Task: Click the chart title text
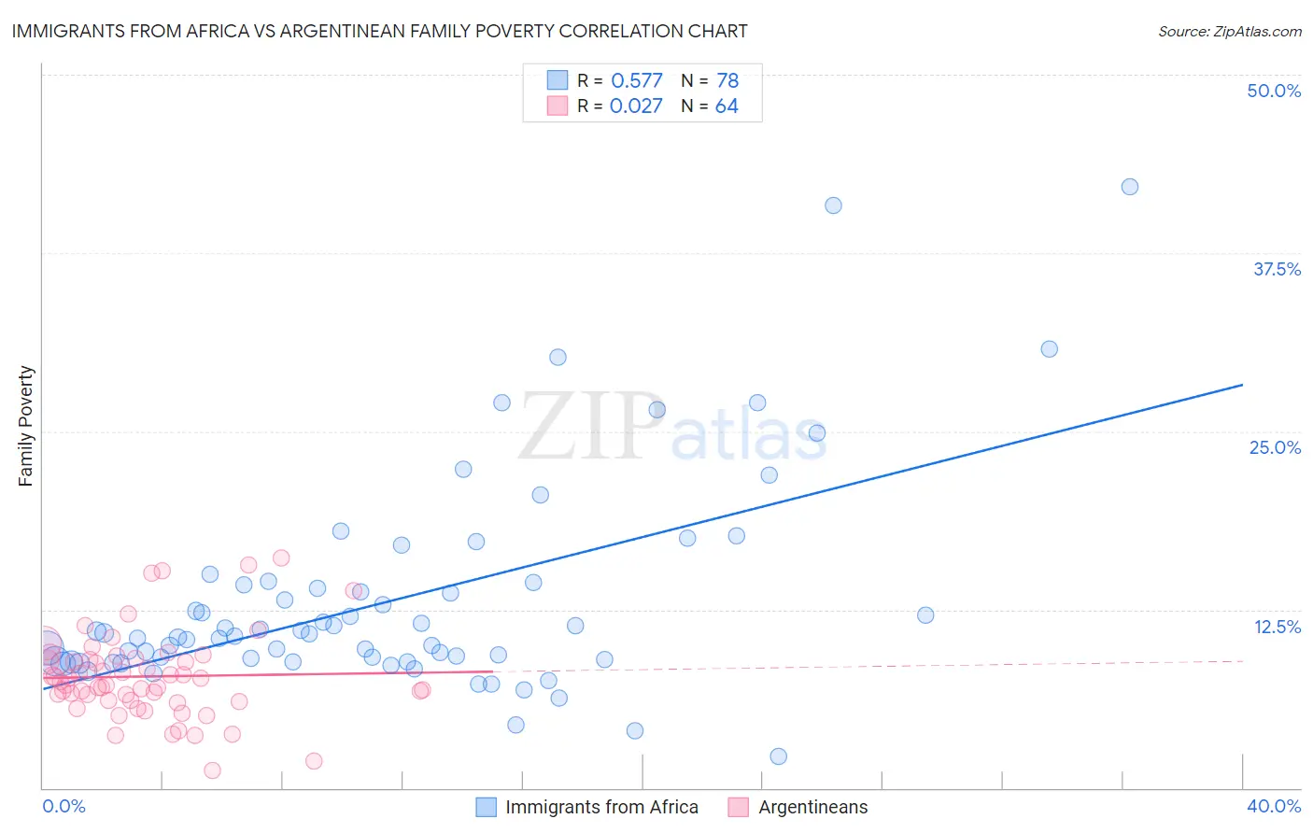[x=379, y=31]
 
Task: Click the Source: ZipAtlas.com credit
[x=1229, y=31]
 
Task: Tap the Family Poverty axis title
[x=26, y=426]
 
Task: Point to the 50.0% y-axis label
[x=1274, y=91]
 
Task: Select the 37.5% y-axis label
[x=1277, y=269]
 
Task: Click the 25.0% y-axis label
[x=1275, y=447]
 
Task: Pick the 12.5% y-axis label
[x=1277, y=627]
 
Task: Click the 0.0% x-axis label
[x=64, y=806]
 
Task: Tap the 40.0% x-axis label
[x=1274, y=806]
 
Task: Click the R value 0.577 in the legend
[x=636, y=81]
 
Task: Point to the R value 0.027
[x=636, y=106]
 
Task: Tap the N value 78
[x=727, y=81]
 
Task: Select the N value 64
[x=727, y=106]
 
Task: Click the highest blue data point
[x=1129, y=187]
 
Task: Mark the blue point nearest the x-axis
[x=778, y=756]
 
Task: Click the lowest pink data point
[x=212, y=770]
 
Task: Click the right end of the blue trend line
[x=1242, y=385]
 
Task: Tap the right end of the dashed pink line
[x=1242, y=661]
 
